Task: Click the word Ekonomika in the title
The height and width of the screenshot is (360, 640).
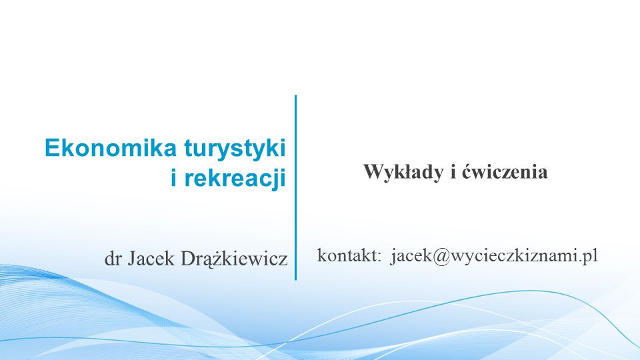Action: pyautogui.click(x=110, y=147)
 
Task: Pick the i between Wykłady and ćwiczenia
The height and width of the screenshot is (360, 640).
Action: pyautogui.click(x=453, y=172)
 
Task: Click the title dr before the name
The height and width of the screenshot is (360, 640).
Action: pyautogui.click(x=113, y=259)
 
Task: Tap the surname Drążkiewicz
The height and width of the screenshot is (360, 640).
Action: pyautogui.click(x=234, y=259)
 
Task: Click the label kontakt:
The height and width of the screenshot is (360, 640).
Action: pyautogui.click(x=349, y=255)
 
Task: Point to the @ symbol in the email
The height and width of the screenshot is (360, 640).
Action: pyautogui.click(x=441, y=256)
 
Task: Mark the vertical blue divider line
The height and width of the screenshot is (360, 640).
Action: pyautogui.click(x=295, y=188)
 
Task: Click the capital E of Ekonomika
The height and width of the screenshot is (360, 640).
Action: pyautogui.click(x=52, y=148)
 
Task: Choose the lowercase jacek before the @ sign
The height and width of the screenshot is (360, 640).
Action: pyautogui.click(x=411, y=256)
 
